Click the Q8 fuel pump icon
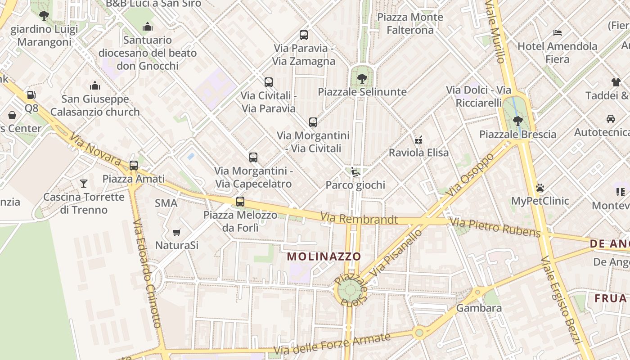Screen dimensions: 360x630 (31, 95)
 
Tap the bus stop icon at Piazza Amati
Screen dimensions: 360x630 (134, 165)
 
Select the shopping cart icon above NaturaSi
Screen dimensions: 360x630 (176, 232)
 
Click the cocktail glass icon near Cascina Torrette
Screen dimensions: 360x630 (84, 183)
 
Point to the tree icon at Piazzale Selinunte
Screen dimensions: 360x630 (362, 79)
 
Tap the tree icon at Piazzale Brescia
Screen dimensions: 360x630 (518, 121)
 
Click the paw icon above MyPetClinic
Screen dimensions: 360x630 (540, 188)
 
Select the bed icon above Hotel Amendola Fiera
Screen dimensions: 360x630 (557, 33)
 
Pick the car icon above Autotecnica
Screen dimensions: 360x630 (611, 119)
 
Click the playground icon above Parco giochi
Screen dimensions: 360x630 (355, 171)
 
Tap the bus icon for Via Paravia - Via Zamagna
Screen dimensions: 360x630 (304, 35)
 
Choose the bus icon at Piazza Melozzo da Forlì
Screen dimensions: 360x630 (240, 201)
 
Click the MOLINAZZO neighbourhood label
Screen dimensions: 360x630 (324, 256)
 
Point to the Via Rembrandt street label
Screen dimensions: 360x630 (359, 219)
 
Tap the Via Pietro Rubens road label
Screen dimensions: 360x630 (495, 228)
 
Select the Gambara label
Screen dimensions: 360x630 (479, 308)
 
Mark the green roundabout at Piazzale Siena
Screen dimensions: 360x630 (350, 290)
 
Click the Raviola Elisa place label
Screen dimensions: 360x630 (418, 153)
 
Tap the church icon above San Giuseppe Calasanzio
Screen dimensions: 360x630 (95, 85)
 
